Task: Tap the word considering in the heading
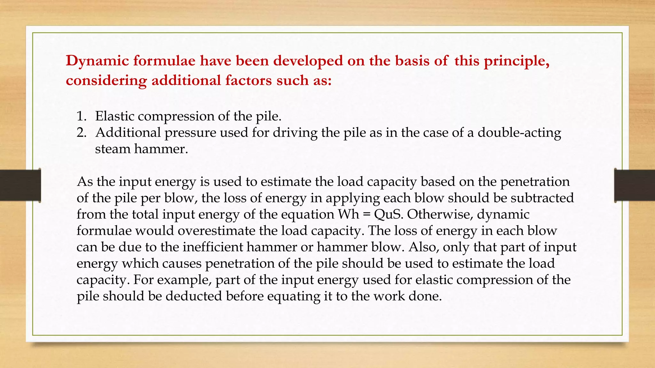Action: coord(106,80)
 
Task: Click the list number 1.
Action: coord(81,116)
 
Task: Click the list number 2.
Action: coord(81,133)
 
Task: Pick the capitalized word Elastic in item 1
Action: coord(114,116)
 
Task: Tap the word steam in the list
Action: coord(112,149)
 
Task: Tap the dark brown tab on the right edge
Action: coord(635,185)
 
